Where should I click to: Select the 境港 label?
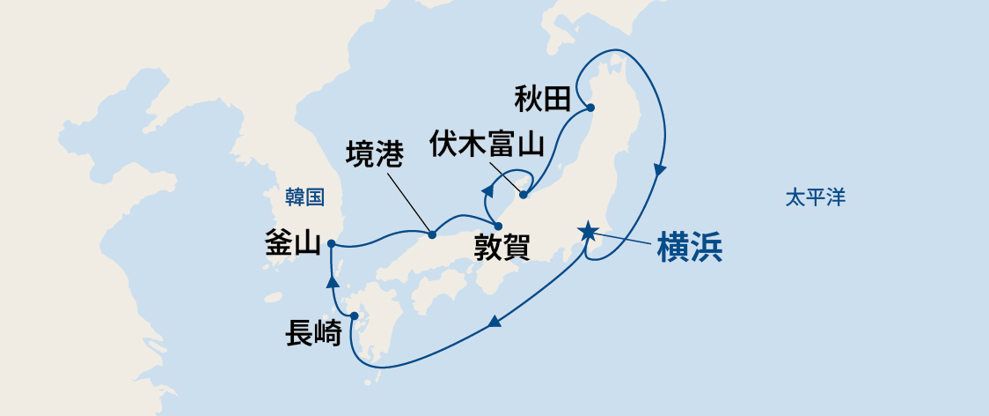(375, 154)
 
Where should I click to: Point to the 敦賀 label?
(502, 248)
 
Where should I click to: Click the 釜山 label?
(292, 246)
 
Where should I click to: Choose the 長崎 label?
(313, 334)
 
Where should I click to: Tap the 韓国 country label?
(305, 197)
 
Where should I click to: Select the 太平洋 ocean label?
(816, 197)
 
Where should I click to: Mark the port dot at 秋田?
(590, 108)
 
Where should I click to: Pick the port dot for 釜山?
(330, 243)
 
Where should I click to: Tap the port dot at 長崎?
(354, 316)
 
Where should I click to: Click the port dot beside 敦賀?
(498, 227)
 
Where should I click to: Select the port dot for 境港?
(432, 234)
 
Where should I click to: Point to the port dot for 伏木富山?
(524, 195)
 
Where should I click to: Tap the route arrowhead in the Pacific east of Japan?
(660, 171)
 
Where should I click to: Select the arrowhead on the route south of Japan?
(494, 322)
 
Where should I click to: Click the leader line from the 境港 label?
(408, 202)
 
